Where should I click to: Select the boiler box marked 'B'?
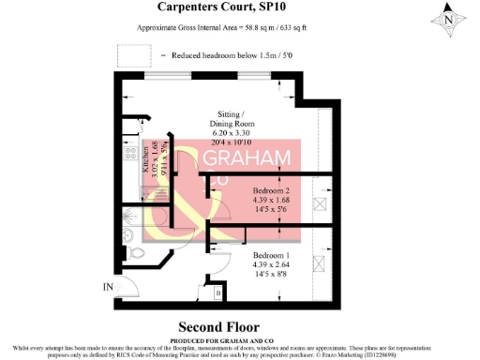(x=219, y=293)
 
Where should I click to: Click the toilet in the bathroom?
(x=137, y=252)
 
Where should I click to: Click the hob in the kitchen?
(x=131, y=154)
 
